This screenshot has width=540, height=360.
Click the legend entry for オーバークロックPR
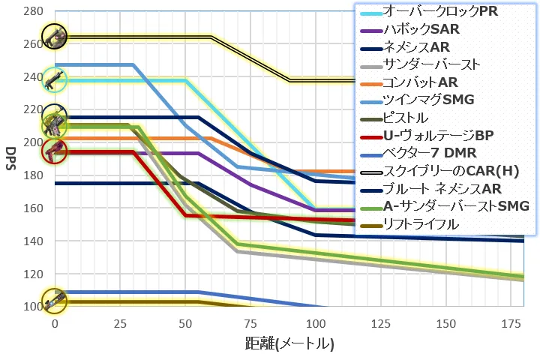coord(439,13)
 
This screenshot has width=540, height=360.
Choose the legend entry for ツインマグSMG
coord(428,100)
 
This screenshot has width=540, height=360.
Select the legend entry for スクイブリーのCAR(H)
coord(445,170)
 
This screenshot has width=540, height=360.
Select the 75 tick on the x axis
coord(250,322)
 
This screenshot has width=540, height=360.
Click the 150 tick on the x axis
coord(447,322)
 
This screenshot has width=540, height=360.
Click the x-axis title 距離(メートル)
coord(289,344)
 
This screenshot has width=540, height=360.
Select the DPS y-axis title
coord(10,159)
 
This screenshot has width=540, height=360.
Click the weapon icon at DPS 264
coord(55,35)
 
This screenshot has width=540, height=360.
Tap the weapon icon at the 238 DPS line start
coord(55,79)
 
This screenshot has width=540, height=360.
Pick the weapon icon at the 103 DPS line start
coord(55,302)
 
